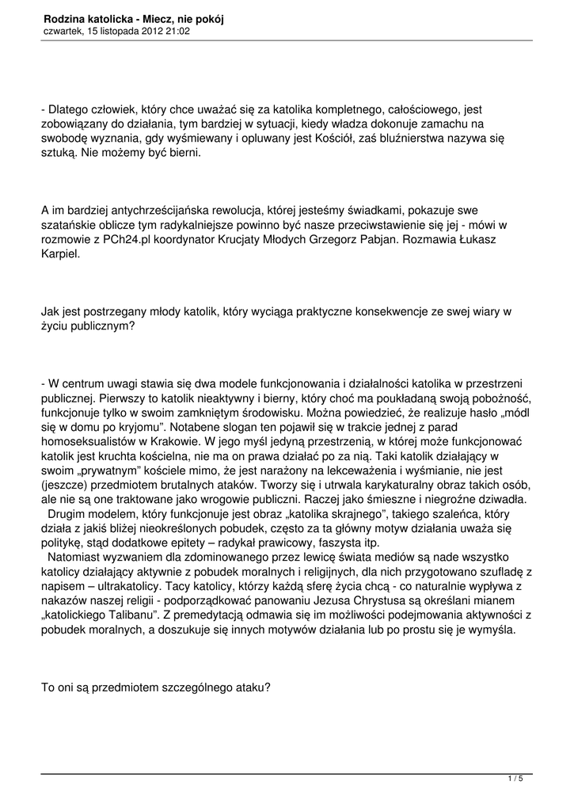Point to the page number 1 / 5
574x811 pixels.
click(515, 779)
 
